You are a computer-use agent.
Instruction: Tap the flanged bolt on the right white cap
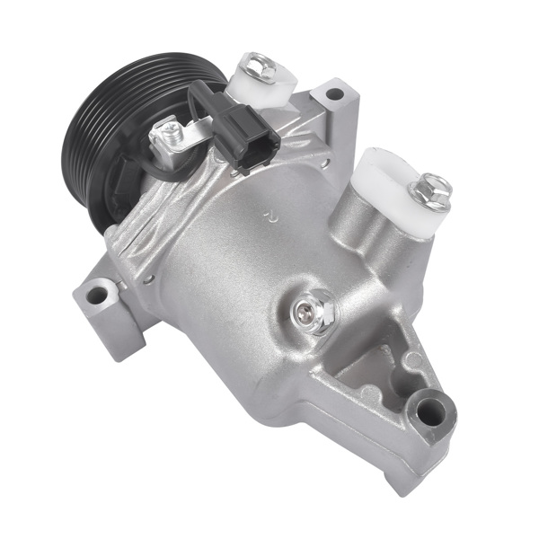click(x=429, y=191)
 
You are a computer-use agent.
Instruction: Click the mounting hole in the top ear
click(x=334, y=93)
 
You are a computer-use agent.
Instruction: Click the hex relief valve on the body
click(x=311, y=312)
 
